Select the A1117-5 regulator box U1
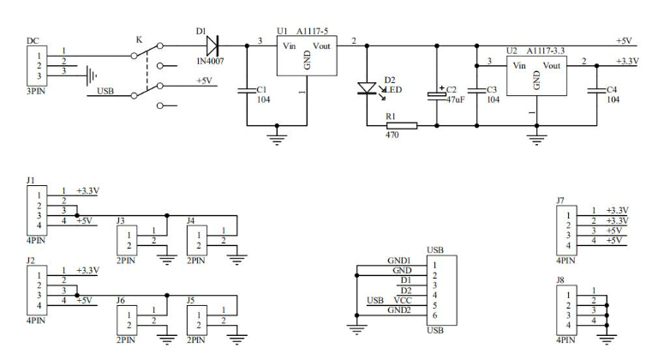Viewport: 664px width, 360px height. coord(306,61)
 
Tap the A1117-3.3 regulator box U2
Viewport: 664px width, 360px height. coord(537,78)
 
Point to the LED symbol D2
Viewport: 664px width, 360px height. coord(367,87)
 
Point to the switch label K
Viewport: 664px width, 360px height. coord(140,39)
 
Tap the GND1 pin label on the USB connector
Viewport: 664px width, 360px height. coord(400,261)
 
